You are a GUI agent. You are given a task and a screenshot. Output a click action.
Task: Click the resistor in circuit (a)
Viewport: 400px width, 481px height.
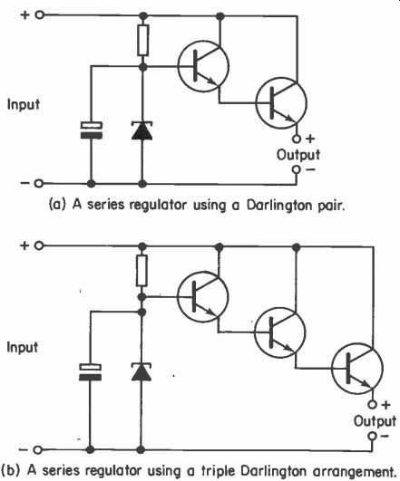(143, 40)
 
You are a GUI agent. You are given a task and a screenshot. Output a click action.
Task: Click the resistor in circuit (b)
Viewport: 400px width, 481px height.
(141, 271)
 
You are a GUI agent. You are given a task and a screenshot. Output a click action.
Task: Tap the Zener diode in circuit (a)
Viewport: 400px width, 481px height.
(141, 130)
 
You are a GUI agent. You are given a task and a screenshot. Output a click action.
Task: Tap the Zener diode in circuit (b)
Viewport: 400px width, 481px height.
(141, 371)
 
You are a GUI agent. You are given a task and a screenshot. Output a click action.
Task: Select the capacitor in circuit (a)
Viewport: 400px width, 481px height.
(92, 130)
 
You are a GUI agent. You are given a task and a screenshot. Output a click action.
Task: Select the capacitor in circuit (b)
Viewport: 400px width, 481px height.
(90, 372)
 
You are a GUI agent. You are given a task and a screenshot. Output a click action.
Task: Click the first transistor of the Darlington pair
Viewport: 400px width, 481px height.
(203, 66)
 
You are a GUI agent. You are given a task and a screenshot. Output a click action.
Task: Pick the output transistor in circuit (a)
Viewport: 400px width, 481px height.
(281, 103)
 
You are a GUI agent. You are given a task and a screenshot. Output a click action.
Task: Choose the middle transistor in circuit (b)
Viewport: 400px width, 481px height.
(280, 332)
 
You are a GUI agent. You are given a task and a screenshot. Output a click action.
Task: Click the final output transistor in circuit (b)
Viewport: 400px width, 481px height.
(357, 368)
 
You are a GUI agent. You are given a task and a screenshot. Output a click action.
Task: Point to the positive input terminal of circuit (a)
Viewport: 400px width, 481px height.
(39, 14)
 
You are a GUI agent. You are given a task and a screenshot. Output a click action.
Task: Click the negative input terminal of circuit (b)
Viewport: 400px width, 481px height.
(37, 450)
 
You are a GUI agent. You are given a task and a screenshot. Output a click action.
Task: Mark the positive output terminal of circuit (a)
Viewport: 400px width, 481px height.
(297, 139)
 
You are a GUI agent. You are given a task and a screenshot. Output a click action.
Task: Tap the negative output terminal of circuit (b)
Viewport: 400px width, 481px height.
(373, 436)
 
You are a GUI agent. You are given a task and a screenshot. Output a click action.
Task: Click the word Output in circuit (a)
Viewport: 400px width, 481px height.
(298, 155)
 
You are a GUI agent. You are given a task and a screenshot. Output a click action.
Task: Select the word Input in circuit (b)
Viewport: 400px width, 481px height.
(23, 348)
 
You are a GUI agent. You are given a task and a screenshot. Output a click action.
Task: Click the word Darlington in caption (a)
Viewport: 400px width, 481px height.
(278, 206)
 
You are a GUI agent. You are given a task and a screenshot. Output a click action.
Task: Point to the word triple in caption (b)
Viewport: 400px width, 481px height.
(217, 470)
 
